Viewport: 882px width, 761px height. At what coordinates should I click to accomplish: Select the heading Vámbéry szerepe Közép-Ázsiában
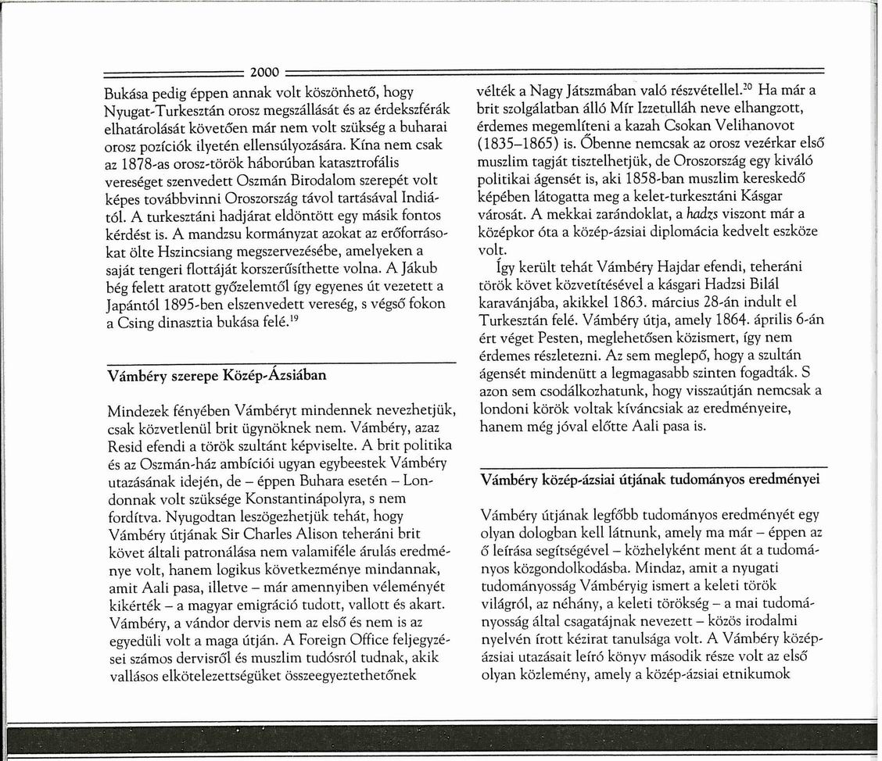tap(216, 375)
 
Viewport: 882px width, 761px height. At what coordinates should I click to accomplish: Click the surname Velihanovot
tap(768, 126)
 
